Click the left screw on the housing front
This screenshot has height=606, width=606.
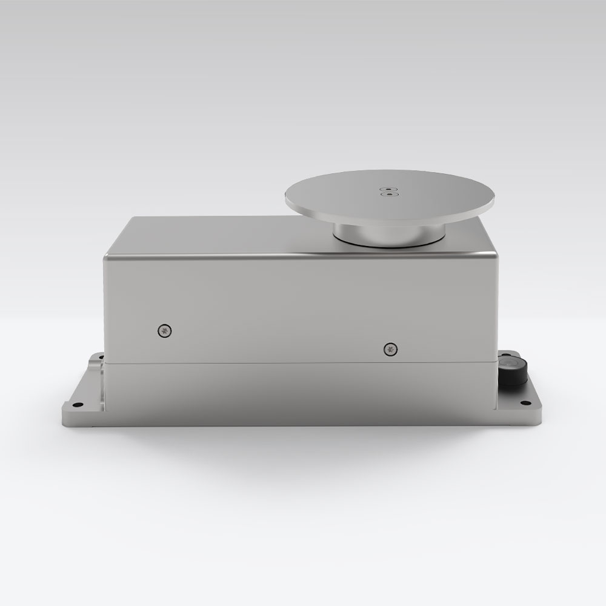164,330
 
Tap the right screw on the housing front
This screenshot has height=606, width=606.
389,348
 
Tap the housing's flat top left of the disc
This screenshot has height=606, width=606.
218,233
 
